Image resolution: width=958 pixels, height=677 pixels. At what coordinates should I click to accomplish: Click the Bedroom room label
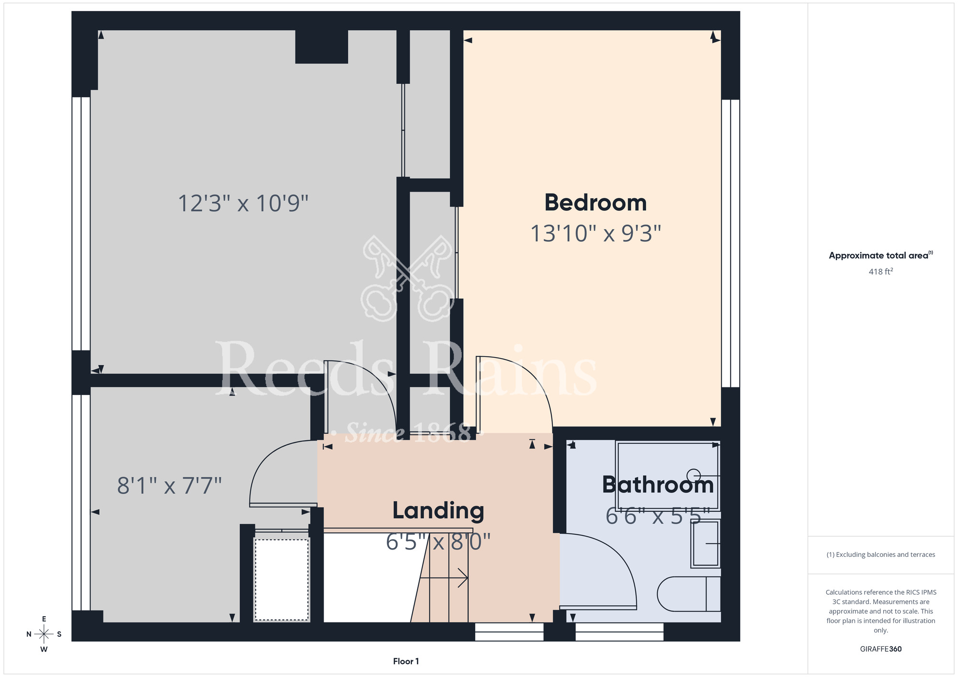595,203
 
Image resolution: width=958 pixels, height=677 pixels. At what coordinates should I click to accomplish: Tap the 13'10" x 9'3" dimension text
595,234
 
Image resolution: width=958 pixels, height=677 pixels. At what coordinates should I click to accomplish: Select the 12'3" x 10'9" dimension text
243,203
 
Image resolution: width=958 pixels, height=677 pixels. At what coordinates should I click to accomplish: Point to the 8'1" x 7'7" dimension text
170,485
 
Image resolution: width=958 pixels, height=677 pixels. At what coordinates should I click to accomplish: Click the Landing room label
438,510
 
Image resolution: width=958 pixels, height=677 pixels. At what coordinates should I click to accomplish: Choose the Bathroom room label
658,485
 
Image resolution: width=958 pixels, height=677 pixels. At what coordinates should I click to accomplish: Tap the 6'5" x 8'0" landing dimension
438,542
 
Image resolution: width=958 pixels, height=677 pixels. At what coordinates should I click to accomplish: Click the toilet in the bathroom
689,594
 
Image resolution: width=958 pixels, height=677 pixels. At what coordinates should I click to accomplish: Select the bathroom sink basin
705,543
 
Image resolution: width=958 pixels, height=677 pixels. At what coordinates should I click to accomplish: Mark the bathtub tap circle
694,475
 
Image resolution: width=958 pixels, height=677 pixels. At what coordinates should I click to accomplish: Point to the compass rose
44,634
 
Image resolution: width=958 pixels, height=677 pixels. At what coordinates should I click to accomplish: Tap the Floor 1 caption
406,661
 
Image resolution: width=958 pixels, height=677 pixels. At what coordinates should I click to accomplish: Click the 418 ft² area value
881,271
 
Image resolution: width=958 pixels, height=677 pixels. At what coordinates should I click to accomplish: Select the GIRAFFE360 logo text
881,649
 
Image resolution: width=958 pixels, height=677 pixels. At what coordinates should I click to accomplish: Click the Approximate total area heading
881,255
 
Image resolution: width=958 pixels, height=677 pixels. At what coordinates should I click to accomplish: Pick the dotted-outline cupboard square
282,580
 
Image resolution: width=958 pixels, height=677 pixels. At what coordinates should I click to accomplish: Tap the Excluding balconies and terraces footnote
881,554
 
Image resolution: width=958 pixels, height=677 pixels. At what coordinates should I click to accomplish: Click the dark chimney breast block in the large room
321,47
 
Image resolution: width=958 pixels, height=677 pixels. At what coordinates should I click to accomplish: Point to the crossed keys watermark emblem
407,278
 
